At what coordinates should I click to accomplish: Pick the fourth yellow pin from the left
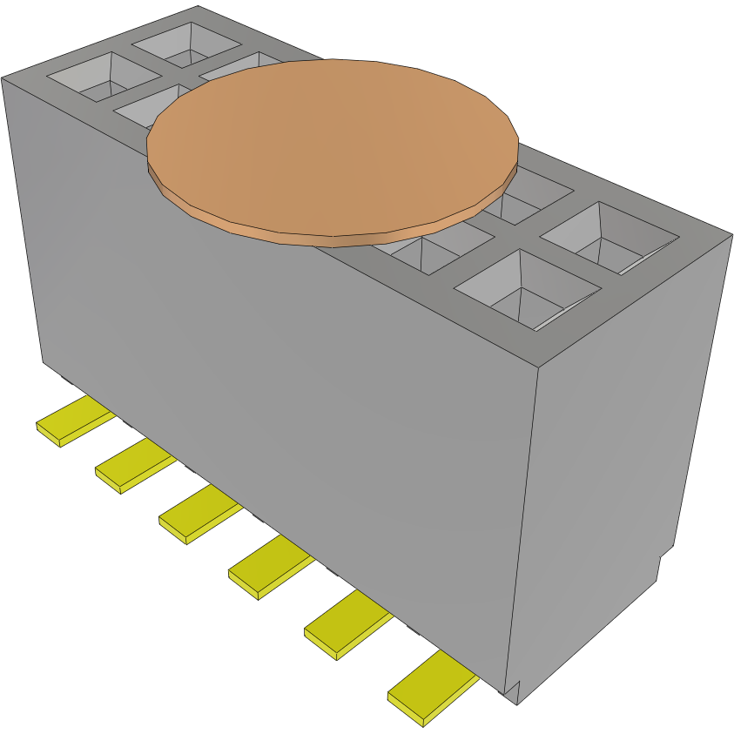269,567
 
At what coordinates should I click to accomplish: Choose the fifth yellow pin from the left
346,624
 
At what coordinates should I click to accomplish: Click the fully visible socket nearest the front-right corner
526,288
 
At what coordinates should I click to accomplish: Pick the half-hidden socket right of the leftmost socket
144,104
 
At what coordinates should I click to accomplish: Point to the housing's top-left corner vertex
3,78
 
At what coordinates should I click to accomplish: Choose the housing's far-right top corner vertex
731,233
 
